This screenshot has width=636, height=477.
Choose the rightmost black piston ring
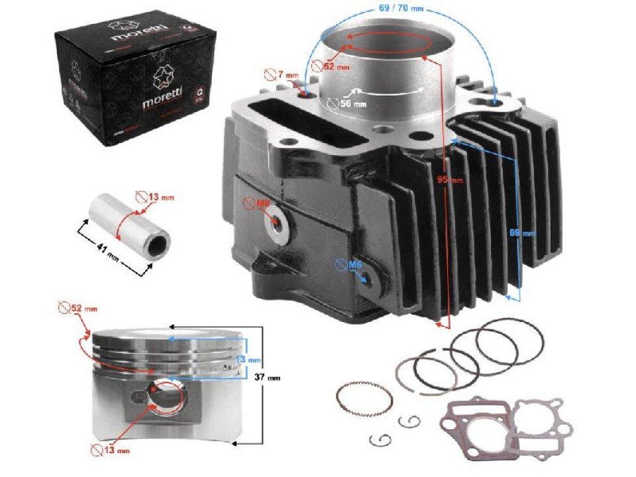[510, 341]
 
